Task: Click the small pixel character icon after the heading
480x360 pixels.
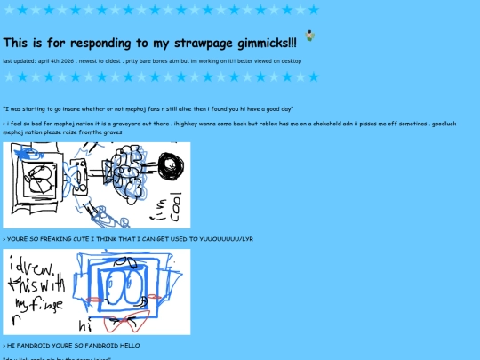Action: point(309,36)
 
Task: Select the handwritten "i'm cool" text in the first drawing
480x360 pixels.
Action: point(174,207)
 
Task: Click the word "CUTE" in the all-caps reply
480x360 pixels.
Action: point(73,239)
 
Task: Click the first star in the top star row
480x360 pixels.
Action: point(10,10)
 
